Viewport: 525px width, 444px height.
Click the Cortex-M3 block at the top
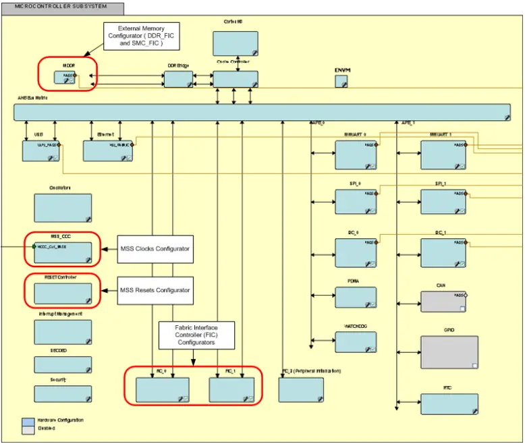click(x=235, y=43)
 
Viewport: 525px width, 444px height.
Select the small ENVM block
click(x=342, y=82)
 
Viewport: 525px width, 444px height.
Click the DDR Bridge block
click(x=178, y=79)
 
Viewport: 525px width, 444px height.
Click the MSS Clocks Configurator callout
click(x=155, y=249)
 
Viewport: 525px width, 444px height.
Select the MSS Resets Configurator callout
click(x=155, y=290)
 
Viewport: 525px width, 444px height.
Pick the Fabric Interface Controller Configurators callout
click(x=196, y=334)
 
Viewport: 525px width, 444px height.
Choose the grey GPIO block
click(x=449, y=352)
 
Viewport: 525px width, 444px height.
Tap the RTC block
click(x=449, y=404)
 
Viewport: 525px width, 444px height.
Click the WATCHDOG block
click(x=356, y=342)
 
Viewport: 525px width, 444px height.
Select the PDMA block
click(x=356, y=298)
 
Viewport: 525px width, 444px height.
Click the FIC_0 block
click(x=162, y=389)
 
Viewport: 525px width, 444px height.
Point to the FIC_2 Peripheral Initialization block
click(x=301, y=389)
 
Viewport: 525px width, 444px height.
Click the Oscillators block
click(x=63, y=208)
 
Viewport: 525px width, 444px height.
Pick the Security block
click(x=63, y=394)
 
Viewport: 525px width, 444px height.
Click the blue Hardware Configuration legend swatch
click(x=28, y=421)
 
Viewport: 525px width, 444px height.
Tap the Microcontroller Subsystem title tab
click(x=62, y=7)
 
